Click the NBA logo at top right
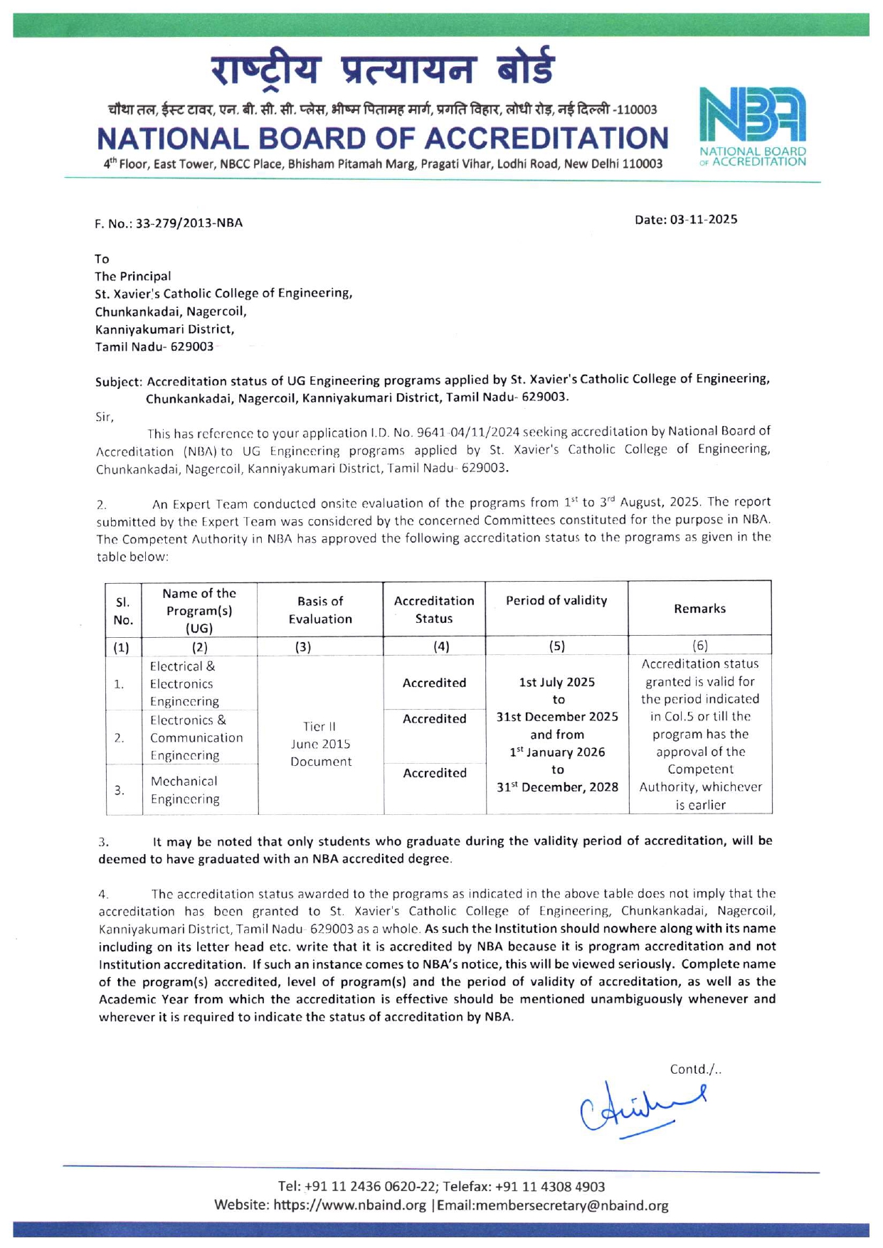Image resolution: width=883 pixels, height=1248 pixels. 753,126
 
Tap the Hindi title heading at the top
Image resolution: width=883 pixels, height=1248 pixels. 382,69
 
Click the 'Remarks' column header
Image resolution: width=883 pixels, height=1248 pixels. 699,609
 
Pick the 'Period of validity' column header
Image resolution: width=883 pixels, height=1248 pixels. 556,601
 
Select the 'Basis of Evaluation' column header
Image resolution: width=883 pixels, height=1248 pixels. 320,610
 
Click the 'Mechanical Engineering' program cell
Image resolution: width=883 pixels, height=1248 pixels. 184,790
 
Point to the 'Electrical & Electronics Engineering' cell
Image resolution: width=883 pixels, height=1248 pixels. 184,684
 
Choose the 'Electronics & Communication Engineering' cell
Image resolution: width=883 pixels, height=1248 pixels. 196,738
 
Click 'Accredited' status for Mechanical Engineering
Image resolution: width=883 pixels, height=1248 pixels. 435,773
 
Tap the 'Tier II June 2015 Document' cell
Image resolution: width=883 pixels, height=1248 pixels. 321,744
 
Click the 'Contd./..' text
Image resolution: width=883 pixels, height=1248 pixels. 695,1070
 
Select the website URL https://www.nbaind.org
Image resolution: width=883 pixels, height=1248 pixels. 349,1205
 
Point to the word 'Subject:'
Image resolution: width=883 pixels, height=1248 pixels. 119,381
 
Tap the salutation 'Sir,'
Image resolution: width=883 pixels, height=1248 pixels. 105,417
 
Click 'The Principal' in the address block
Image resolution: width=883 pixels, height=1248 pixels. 133,276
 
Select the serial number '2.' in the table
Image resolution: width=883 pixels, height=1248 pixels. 120,737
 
